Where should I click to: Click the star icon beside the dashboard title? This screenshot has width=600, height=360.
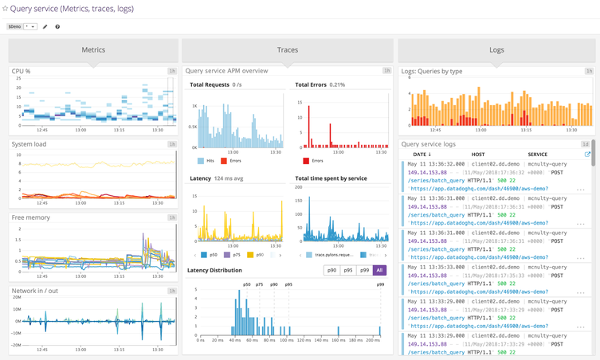click(x=5, y=9)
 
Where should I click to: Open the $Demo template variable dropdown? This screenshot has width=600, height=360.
click(x=29, y=26)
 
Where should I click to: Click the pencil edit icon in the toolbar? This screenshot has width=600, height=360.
click(x=45, y=26)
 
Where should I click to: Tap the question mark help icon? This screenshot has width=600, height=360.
click(x=57, y=26)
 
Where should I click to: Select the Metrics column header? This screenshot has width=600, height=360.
click(x=93, y=50)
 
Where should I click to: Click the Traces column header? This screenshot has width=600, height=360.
click(x=288, y=50)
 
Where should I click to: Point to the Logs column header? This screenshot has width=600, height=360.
click(x=496, y=50)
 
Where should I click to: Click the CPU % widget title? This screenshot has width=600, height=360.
click(x=22, y=71)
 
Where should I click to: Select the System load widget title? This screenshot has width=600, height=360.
click(x=29, y=144)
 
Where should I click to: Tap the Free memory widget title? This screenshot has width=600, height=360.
click(x=30, y=217)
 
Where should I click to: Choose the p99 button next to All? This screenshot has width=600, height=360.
click(x=364, y=270)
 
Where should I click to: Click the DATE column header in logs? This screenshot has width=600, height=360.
click(x=422, y=155)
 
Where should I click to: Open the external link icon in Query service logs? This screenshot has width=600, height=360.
click(x=587, y=155)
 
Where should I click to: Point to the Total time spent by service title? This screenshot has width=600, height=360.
click(x=331, y=178)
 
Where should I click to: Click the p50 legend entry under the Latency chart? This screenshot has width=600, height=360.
click(x=210, y=255)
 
